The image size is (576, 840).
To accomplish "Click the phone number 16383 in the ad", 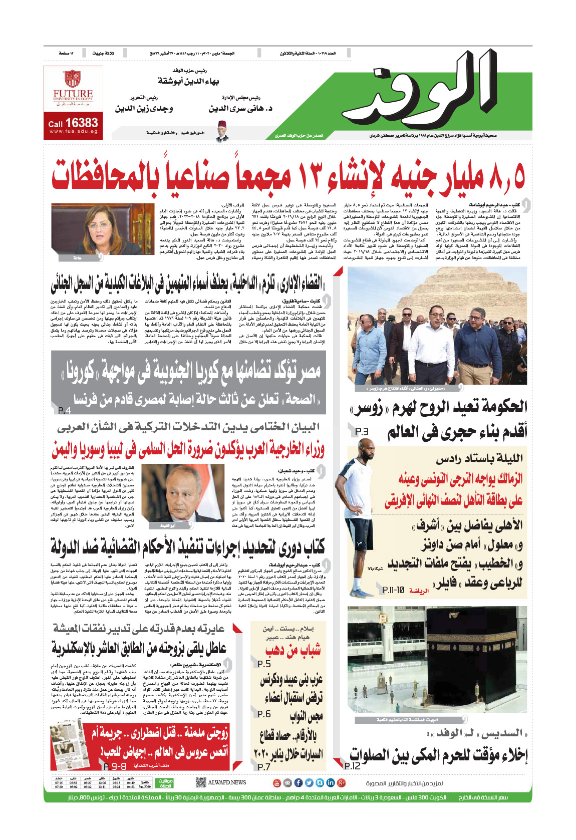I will [81, 123].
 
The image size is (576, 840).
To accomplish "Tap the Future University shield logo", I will [72, 79].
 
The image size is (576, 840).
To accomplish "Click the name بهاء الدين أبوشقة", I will [188, 81].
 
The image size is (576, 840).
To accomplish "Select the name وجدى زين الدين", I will [144, 108].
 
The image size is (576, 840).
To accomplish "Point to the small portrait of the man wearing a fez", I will [222, 132].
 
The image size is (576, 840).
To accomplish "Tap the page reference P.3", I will [361, 431].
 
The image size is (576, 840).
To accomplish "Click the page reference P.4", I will [65, 410].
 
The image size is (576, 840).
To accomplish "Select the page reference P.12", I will [353, 765].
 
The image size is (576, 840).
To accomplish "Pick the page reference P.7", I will [263, 767].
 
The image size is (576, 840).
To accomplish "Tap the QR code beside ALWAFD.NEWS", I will [200, 782].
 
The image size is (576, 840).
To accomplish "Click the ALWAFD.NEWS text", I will [227, 782].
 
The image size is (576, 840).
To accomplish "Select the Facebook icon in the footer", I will [298, 782].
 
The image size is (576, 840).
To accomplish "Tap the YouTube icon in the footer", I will [276, 782].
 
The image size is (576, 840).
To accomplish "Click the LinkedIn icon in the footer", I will [331, 782].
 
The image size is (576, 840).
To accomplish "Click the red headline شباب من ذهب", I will [293, 650].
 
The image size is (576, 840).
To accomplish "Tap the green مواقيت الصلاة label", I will [165, 783].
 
